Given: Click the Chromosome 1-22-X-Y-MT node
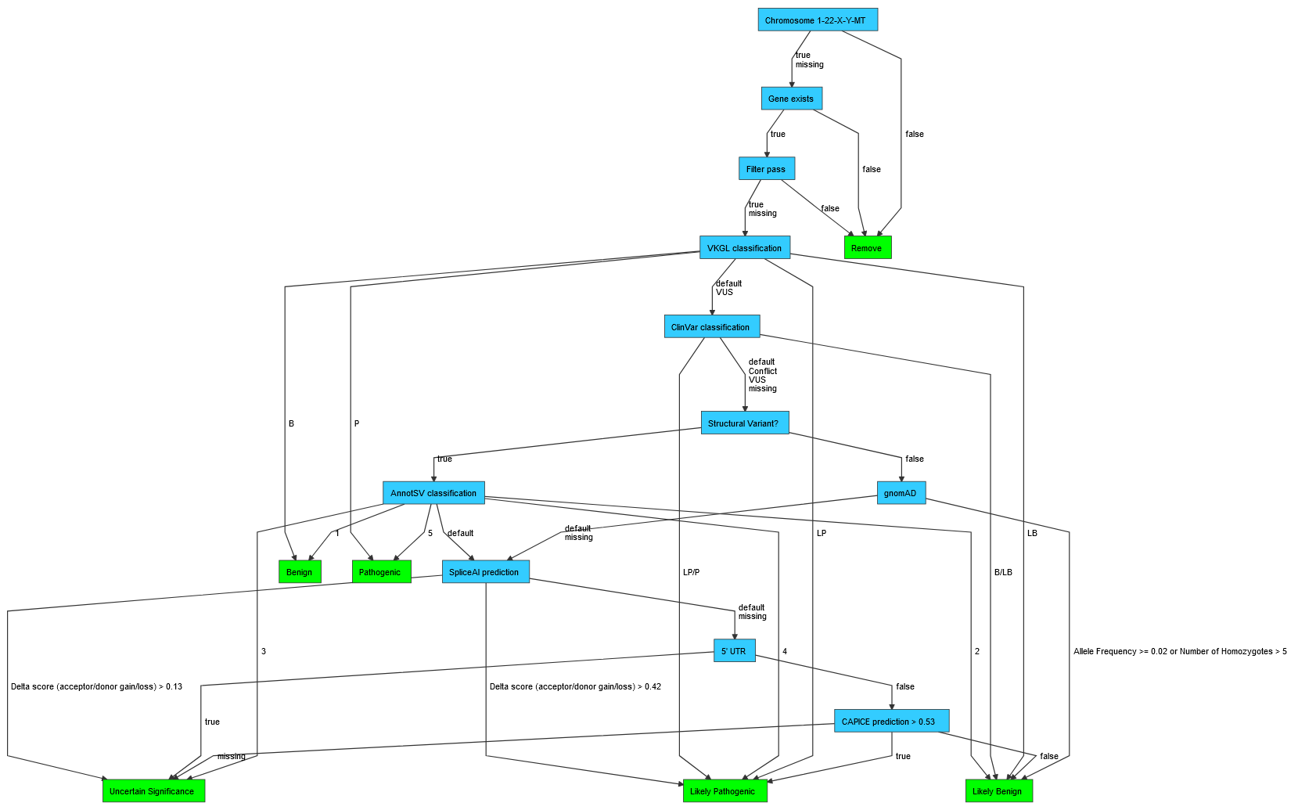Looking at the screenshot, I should (x=818, y=20).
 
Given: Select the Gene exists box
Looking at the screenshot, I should (x=791, y=99).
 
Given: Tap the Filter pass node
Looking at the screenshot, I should (x=766, y=169).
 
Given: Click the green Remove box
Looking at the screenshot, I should (x=867, y=248).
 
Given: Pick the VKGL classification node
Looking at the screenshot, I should (x=744, y=248).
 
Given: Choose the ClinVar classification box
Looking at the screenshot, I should (x=711, y=327).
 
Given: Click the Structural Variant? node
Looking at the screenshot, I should (x=744, y=423).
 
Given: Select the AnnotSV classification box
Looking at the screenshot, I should (x=433, y=493).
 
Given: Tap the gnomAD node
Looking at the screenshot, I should (x=901, y=493).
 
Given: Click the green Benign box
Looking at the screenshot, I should (x=300, y=572).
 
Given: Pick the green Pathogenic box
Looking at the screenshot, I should (x=381, y=572).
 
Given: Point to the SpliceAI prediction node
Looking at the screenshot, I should (x=485, y=572).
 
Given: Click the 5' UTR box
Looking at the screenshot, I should (x=734, y=651).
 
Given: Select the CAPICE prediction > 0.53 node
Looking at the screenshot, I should (x=890, y=722).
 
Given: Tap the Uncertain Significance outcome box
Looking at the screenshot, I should (x=153, y=791).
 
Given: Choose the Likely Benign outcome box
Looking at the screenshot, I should (x=998, y=791).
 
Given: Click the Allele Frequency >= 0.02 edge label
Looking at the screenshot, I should (x=1180, y=651).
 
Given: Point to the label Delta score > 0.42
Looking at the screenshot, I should (x=575, y=686).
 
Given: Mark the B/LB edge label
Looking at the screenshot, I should (x=1003, y=572).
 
